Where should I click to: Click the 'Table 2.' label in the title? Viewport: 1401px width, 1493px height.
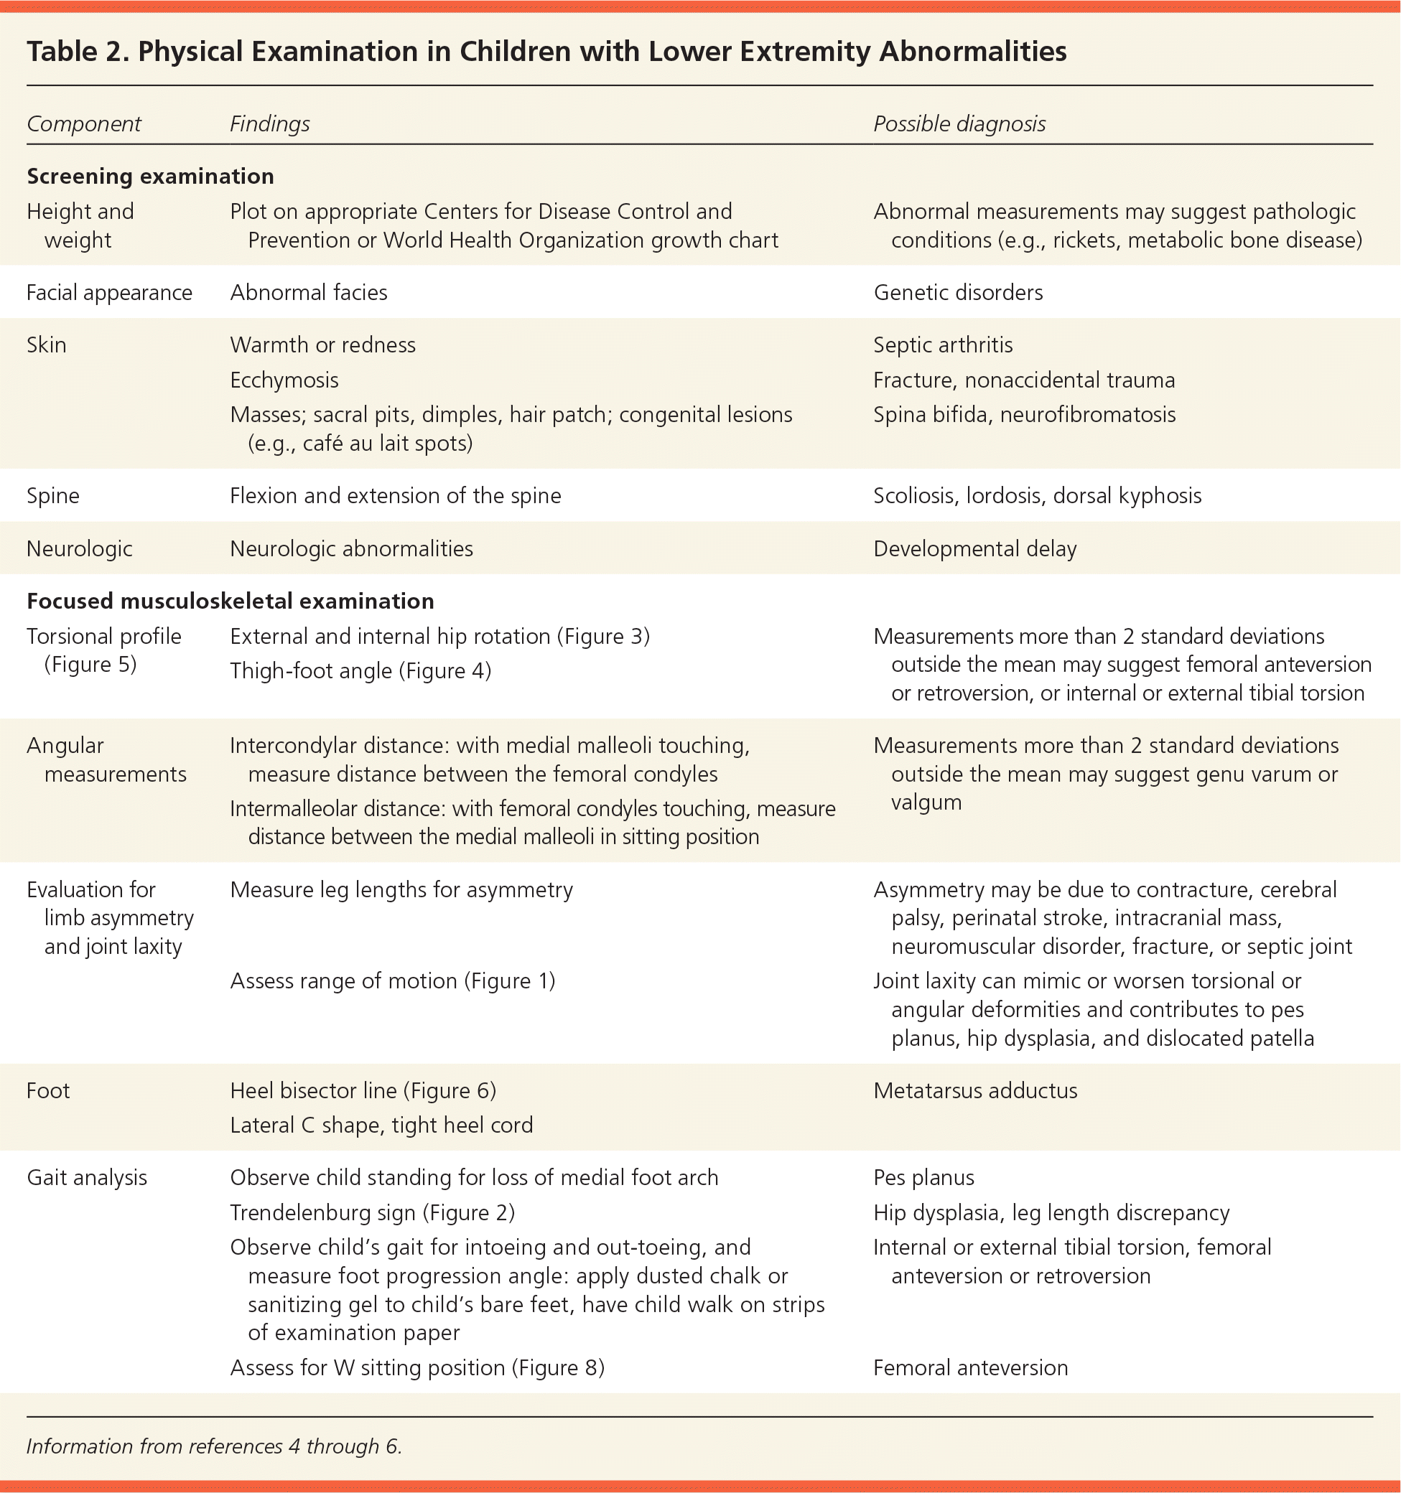coord(77,52)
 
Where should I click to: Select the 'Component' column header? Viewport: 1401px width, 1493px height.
coord(83,124)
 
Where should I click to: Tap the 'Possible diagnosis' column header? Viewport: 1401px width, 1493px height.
coord(959,124)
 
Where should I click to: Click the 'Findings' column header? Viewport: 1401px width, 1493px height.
coord(270,124)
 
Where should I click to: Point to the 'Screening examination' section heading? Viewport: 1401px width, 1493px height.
coord(150,177)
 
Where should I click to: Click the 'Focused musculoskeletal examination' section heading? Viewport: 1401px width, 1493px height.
coord(230,601)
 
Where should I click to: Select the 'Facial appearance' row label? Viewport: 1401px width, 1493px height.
coord(109,292)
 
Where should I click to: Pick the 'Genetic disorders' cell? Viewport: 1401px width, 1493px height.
coord(958,292)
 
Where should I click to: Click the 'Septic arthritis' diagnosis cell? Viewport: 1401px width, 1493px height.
coord(943,345)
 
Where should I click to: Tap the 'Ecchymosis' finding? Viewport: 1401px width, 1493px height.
coord(284,380)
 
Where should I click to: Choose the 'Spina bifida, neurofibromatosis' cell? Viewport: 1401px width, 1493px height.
coord(1024,415)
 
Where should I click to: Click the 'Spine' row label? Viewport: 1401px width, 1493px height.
coord(52,496)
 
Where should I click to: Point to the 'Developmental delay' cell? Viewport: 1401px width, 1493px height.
coord(974,549)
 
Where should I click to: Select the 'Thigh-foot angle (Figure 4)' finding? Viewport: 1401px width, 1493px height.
coord(360,670)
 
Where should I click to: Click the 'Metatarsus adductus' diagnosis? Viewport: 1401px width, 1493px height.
coord(975,1090)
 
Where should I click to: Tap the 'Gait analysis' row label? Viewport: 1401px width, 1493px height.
coord(86,1178)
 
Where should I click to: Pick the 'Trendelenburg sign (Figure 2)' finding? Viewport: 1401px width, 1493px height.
coord(372,1213)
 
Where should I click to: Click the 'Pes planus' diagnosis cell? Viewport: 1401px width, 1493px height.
coord(923,1178)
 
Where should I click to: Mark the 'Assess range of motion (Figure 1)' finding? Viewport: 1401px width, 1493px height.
coord(392,980)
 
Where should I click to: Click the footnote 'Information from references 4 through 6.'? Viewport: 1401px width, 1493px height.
coord(214,1446)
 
